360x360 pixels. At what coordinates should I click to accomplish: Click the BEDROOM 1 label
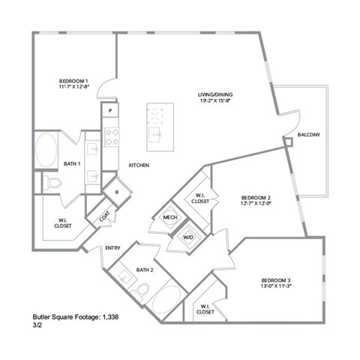[74, 81]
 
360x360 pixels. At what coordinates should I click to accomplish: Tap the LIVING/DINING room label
[215, 94]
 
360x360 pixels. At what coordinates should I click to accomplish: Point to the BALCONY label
[308, 135]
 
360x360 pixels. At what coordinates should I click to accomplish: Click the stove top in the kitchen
[111, 136]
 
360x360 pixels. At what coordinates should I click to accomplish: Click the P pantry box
[110, 111]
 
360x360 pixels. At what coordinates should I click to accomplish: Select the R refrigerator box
[117, 192]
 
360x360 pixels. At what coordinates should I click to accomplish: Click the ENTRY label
[112, 248]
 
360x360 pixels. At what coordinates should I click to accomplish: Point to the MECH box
[169, 218]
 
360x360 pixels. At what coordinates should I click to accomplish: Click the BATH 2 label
[145, 270]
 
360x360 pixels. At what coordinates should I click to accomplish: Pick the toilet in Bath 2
[142, 291]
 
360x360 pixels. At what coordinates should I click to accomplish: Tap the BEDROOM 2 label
[250, 198]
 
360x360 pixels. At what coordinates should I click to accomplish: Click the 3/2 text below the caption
[37, 327]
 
